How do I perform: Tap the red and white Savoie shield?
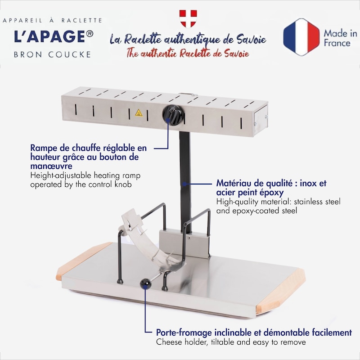188,18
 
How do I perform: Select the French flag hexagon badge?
301,37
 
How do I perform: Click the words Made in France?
340,38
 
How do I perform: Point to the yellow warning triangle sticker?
139,113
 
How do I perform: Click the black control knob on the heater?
173,115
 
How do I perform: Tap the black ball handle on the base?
145,284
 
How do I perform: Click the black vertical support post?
185,181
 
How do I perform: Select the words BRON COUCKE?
52,54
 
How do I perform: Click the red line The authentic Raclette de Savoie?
188,53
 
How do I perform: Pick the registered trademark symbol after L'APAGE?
90,34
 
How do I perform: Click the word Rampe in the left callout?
44,148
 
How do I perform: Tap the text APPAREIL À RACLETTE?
52,20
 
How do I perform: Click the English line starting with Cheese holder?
231,342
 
